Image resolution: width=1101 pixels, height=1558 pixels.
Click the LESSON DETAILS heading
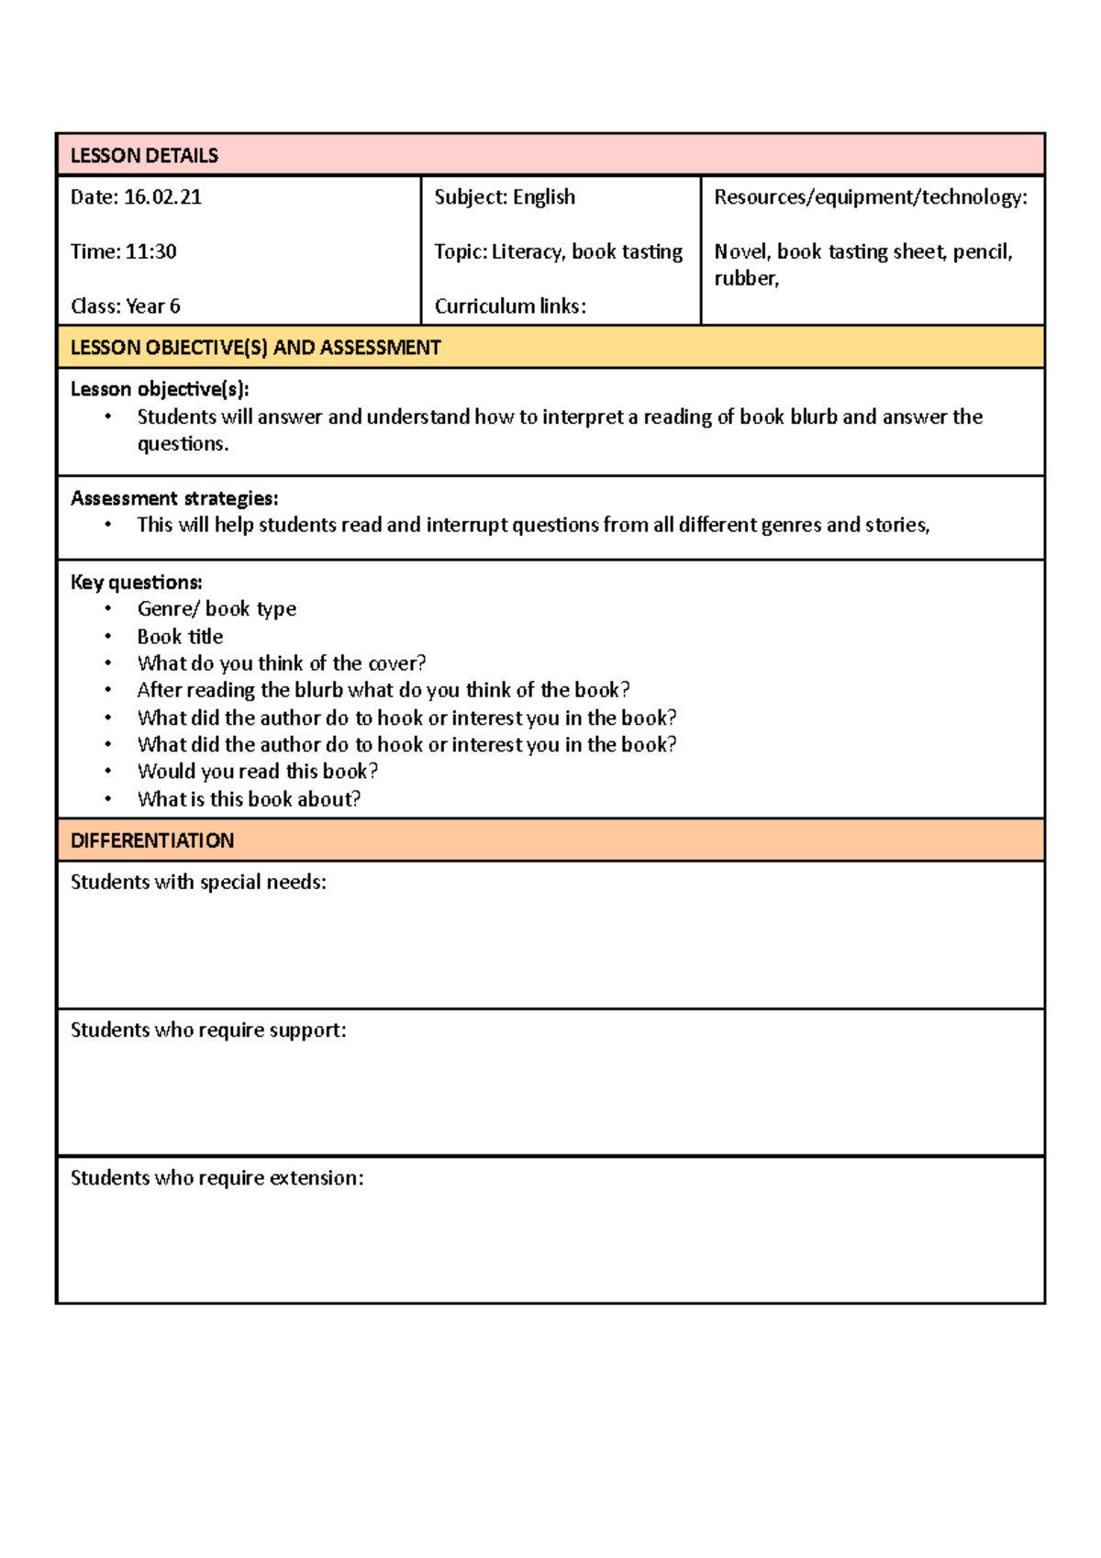pyautogui.click(x=144, y=156)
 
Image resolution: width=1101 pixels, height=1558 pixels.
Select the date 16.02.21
pyautogui.click(x=162, y=197)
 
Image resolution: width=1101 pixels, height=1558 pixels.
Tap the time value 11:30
pyautogui.click(x=150, y=251)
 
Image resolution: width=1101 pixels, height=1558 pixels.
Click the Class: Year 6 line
pyautogui.click(x=126, y=306)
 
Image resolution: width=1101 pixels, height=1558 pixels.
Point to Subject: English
pyautogui.click(x=505, y=197)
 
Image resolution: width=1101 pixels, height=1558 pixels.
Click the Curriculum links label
pyautogui.click(x=510, y=306)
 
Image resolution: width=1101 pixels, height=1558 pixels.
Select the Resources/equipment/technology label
pyautogui.click(x=870, y=197)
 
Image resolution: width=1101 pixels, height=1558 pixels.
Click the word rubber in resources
pyautogui.click(x=745, y=279)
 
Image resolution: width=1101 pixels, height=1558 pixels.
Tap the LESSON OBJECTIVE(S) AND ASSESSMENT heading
pyautogui.click(x=255, y=348)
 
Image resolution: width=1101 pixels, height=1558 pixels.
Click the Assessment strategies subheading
pyautogui.click(x=174, y=498)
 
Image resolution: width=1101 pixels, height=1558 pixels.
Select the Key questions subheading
pyautogui.click(x=136, y=583)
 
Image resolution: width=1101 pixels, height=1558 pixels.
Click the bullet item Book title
pyautogui.click(x=180, y=637)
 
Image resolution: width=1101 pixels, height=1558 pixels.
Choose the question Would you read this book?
pyautogui.click(x=257, y=772)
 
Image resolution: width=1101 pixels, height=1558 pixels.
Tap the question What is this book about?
pyautogui.click(x=249, y=799)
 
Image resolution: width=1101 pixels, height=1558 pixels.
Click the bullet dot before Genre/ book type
pyautogui.click(x=108, y=609)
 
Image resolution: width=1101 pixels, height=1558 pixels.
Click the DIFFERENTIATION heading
pyautogui.click(x=152, y=840)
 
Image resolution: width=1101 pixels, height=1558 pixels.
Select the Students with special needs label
pyautogui.click(x=198, y=883)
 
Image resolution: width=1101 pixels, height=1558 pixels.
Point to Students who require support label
pyautogui.click(x=208, y=1030)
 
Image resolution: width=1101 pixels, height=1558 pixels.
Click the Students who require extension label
pyautogui.click(x=217, y=1178)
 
